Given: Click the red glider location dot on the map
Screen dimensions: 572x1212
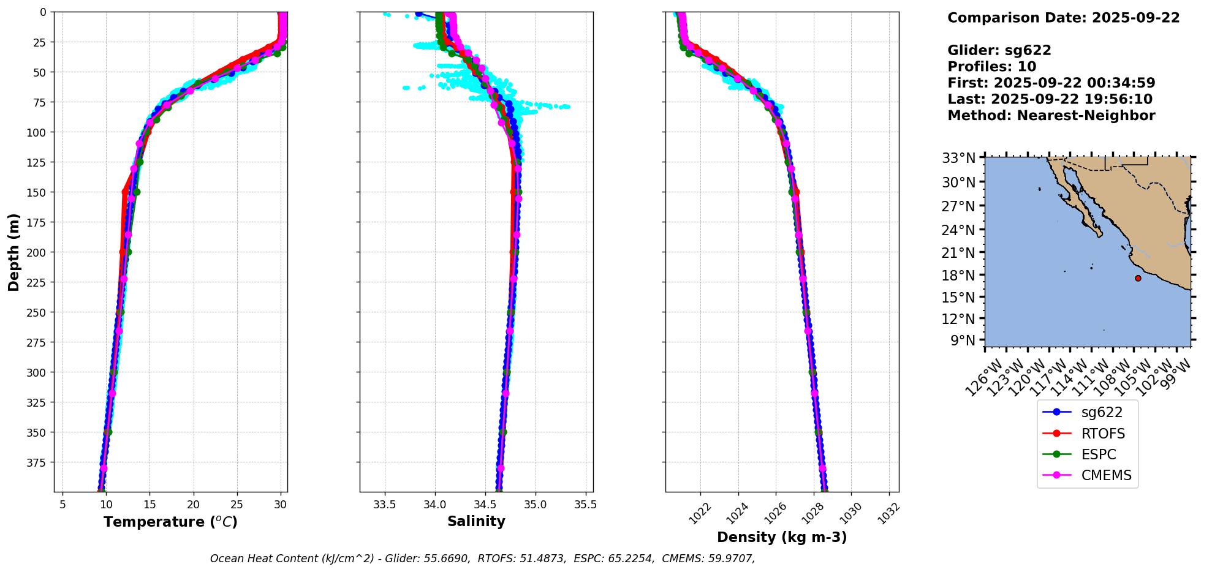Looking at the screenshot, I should coord(1138,278).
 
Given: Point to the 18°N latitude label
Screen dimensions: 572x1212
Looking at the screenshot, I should coord(958,276).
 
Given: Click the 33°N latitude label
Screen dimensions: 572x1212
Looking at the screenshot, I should coord(958,159).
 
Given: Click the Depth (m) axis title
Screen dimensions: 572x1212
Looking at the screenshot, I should coord(14,252).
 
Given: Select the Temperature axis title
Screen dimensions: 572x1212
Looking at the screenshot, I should coord(170,522).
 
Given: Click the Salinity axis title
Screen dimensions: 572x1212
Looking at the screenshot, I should coord(476,522).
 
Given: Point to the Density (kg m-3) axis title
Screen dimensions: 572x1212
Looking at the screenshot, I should coord(782,537).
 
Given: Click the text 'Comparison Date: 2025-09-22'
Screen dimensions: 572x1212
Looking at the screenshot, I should coord(1063,18).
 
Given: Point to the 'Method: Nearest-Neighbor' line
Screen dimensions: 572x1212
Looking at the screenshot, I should coord(1051,116).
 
